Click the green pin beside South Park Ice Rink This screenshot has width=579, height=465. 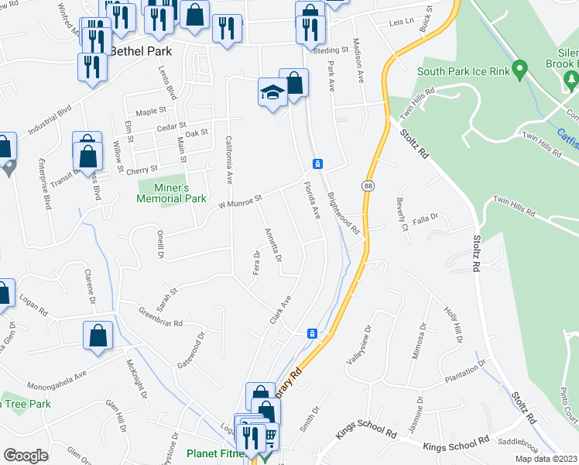coord(521,69)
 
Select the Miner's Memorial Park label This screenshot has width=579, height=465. coord(171,193)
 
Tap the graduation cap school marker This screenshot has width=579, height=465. coord(272,93)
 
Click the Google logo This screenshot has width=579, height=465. coord(26,456)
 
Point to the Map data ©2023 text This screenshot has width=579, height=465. coord(546,459)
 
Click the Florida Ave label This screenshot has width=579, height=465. coord(312,199)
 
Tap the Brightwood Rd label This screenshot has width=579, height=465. coord(344,213)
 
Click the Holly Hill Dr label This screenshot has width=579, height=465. coord(452,325)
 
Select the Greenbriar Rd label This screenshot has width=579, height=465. coord(160,318)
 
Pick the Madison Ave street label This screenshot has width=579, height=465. coord(358,60)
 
